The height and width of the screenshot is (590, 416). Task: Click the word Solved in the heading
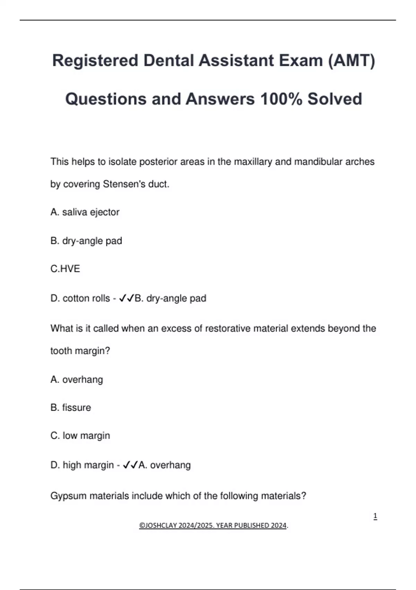pyautogui.click(x=335, y=99)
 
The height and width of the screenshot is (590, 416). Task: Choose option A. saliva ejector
pyautogui.click(x=85, y=212)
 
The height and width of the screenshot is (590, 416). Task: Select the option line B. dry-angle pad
pyautogui.click(x=86, y=241)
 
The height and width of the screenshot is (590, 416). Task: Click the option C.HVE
pyautogui.click(x=65, y=269)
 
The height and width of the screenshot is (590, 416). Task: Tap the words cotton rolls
pyautogui.click(x=86, y=298)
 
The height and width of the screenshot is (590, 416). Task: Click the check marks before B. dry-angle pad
pyautogui.click(x=126, y=298)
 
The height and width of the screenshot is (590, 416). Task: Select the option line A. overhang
pyautogui.click(x=77, y=379)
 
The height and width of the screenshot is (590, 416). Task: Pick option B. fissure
pyautogui.click(x=71, y=407)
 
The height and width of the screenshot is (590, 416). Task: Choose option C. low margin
pyautogui.click(x=80, y=436)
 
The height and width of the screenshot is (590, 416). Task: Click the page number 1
pyautogui.click(x=375, y=516)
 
